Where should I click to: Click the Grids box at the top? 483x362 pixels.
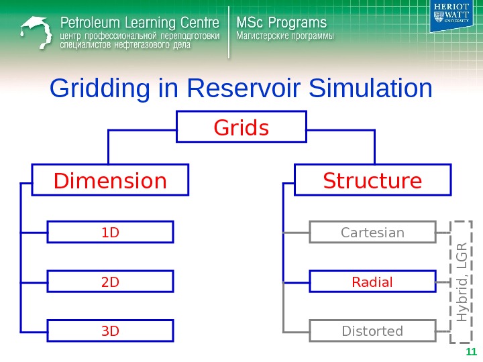241,127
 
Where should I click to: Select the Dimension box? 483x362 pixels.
111,181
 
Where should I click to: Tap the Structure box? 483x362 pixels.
373,181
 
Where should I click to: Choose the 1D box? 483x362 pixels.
110,233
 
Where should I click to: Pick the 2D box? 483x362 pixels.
110,282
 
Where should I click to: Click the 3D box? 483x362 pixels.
110,331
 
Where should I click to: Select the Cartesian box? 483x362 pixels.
372,233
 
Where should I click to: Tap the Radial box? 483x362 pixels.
372,282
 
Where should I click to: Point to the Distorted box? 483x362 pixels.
372,331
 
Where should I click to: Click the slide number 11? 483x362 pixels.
470,353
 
